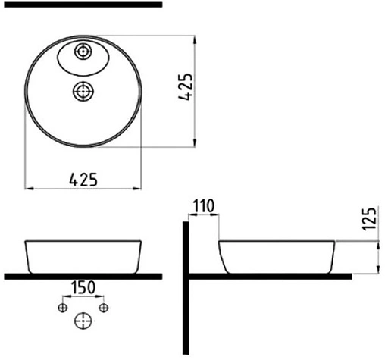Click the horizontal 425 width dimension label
(83, 180)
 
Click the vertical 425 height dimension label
(186, 87)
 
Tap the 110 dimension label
(204, 206)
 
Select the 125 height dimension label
(369, 219)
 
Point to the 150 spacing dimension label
(83, 287)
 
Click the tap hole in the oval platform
(83, 52)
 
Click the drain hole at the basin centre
(83, 91)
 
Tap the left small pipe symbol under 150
(63, 308)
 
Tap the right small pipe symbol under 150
(103, 308)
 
